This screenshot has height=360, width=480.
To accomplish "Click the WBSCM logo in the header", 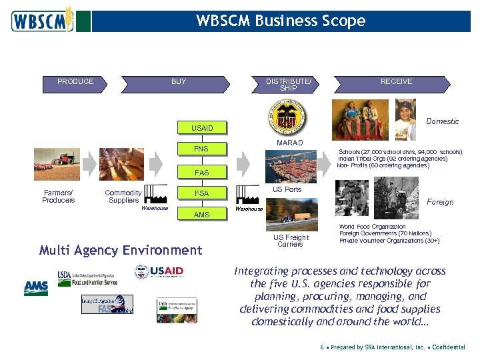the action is (41, 21).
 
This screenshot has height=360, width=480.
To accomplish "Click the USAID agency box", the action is (202, 128).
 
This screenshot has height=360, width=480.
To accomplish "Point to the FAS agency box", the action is (201, 173).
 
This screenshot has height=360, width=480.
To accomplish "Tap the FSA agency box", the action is (201, 193).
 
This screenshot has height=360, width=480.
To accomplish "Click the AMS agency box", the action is (201, 215).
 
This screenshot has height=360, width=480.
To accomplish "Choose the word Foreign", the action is (440, 202).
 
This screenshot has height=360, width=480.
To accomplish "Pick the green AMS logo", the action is (36, 288).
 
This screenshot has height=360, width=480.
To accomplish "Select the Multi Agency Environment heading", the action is (120, 251).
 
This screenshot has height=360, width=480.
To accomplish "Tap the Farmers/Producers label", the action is (59, 197).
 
